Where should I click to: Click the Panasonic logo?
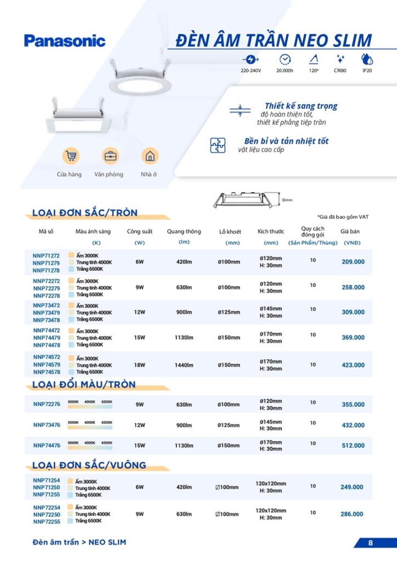point(64,41)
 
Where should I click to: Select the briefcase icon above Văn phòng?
point(110,156)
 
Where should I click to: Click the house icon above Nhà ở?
point(149,156)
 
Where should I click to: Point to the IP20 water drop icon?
point(366,59)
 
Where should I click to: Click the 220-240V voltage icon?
point(251,59)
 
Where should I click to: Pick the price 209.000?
point(353,262)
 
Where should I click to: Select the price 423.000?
point(353,365)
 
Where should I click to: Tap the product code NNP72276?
point(47,404)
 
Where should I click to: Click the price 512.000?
point(353,446)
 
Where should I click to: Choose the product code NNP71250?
point(47,487)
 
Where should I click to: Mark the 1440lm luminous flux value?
point(184,365)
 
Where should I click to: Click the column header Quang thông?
point(184,232)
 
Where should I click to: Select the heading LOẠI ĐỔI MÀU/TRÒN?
point(84,385)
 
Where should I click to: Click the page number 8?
point(370,543)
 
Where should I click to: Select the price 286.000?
point(351,514)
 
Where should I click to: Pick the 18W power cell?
point(139,365)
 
